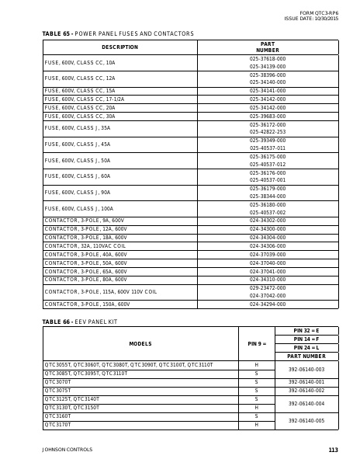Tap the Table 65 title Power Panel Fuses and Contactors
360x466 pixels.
click(118, 33)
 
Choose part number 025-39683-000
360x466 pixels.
click(268, 116)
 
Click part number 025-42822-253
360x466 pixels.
click(268, 132)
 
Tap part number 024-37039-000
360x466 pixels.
click(268, 254)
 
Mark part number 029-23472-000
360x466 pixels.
click(268, 287)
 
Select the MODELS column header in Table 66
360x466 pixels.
click(140, 343)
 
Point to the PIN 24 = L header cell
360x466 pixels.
click(306, 348)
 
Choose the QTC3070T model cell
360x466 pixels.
click(58, 382)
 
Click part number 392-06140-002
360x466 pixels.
click(306, 391)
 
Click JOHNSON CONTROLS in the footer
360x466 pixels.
click(67, 450)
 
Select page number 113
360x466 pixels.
click(334, 450)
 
